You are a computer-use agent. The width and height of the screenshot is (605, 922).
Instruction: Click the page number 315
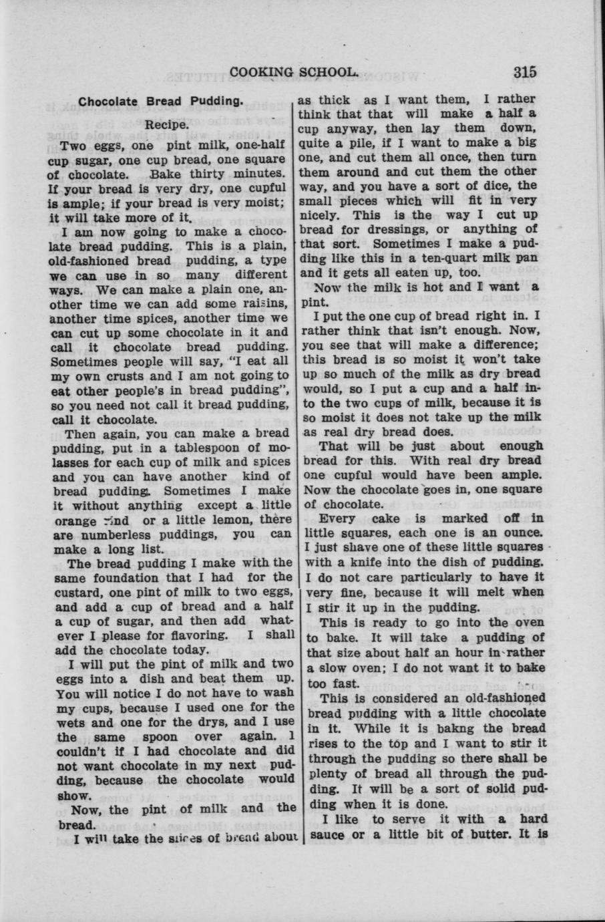[526, 71]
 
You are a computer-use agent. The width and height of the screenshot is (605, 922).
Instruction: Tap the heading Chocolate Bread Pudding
[160, 102]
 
